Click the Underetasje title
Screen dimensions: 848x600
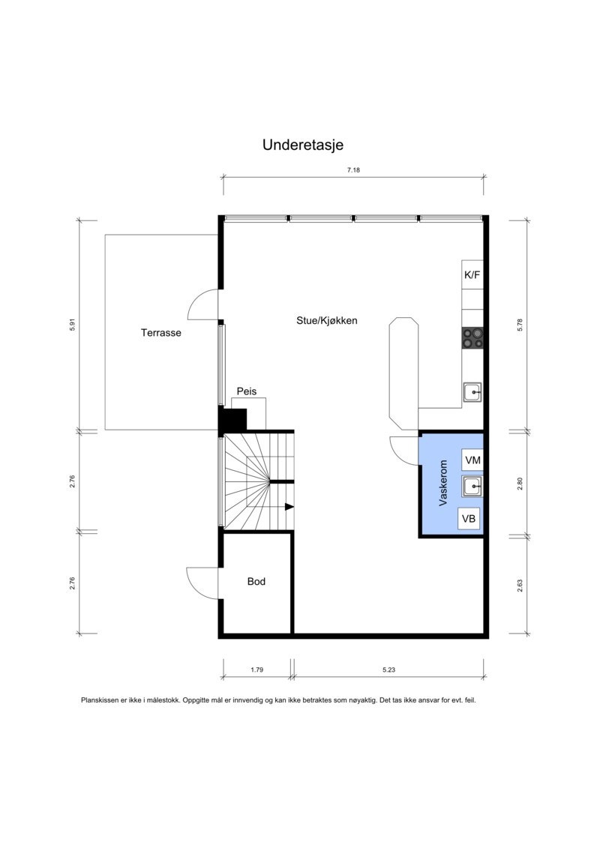(302, 145)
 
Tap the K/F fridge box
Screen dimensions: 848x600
(472, 275)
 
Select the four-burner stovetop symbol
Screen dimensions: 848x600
(472, 338)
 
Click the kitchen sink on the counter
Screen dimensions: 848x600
(472, 391)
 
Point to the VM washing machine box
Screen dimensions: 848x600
(472, 460)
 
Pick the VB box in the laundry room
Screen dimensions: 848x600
(469, 518)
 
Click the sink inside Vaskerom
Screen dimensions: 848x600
(472, 487)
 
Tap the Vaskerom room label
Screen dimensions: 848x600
(443, 484)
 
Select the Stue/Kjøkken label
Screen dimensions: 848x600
(326, 320)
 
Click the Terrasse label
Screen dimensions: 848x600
(160, 333)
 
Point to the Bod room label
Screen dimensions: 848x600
(256, 581)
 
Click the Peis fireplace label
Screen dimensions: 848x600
(247, 391)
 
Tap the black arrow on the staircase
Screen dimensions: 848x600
(289, 507)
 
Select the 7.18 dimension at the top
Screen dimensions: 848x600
(353, 170)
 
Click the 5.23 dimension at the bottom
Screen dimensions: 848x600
(388, 670)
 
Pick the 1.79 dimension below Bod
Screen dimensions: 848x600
(256, 670)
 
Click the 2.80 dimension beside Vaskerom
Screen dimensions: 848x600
(520, 484)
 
